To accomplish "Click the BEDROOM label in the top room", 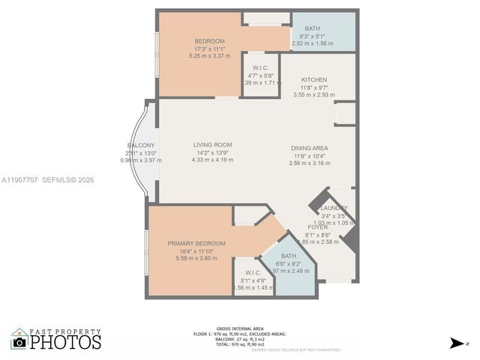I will tap(210, 41).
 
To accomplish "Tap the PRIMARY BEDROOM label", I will tap(196, 244).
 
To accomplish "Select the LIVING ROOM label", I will tap(212, 145).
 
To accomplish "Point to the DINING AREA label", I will tap(310, 148).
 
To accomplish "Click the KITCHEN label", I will tap(314, 79).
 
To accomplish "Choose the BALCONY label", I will tap(141, 145).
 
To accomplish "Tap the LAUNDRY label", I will tap(333, 208).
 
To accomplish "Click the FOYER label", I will tap(318, 226).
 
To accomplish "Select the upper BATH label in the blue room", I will tap(312, 28).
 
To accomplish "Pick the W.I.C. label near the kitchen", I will tap(261, 67).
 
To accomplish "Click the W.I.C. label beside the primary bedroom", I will tap(252, 272).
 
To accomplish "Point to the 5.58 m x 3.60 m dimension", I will tap(196, 258).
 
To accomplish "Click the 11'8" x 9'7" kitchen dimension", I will tap(314, 88).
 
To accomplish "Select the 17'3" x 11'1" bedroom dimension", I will tap(210, 49).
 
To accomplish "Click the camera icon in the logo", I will tap(19, 342).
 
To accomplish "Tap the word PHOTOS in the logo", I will tap(66, 343).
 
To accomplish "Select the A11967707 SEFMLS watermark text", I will tap(47, 180).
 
